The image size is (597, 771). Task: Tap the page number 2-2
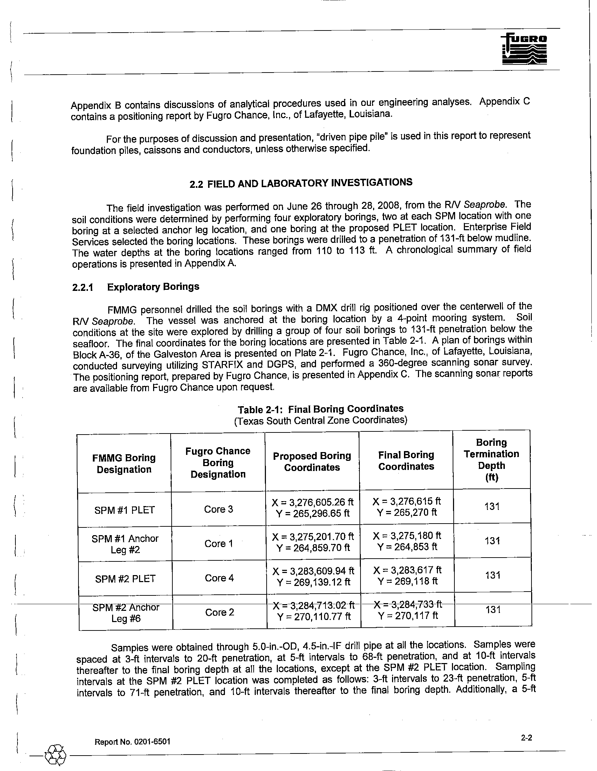(526, 737)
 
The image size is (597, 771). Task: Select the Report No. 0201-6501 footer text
(132, 741)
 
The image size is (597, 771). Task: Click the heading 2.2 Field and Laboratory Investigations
(301, 183)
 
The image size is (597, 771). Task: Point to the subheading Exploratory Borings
(153, 287)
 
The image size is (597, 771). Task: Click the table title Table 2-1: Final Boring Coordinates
(320, 409)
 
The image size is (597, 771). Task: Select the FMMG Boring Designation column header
(124, 464)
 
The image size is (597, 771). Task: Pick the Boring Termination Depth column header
(492, 460)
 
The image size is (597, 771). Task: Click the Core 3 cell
(218, 509)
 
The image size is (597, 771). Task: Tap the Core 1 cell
(219, 543)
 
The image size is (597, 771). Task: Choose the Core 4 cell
(219, 578)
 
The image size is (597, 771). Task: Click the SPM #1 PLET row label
(125, 510)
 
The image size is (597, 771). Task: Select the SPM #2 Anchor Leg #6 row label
(126, 613)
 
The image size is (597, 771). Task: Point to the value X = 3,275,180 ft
(407, 535)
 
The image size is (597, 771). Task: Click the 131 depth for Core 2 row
(493, 610)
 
